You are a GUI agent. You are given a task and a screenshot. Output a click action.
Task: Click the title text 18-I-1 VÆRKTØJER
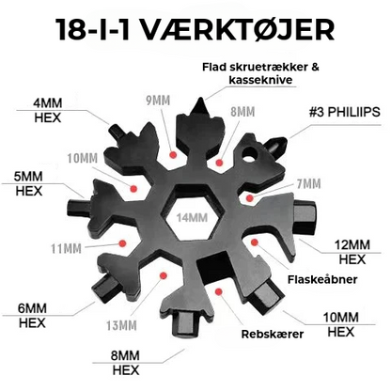pyautogui.click(x=195, y=28)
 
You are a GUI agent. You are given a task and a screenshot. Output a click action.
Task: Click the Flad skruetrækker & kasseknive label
pyautogui.click(x=265, y=73)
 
